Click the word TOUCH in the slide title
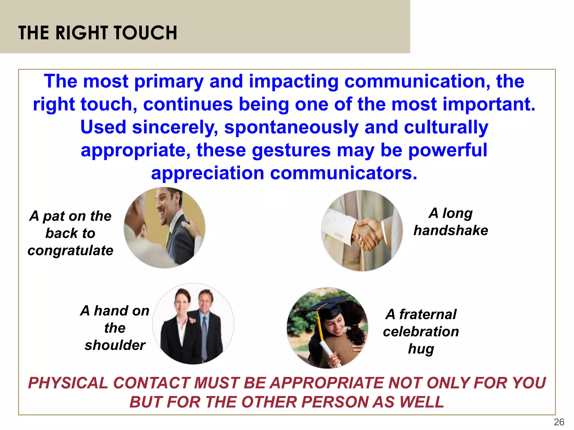click(145, 33)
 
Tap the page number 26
click(559, 422)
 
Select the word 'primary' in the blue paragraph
click(169, 81)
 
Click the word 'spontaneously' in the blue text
click(291, 127)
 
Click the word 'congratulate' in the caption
click(70, 250)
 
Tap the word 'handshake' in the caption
click(451, 231)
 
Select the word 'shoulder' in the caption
click(115, 345)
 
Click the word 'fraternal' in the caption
click(428, 314)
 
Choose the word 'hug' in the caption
click(421, 349)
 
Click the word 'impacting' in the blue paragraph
click(294, 81)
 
